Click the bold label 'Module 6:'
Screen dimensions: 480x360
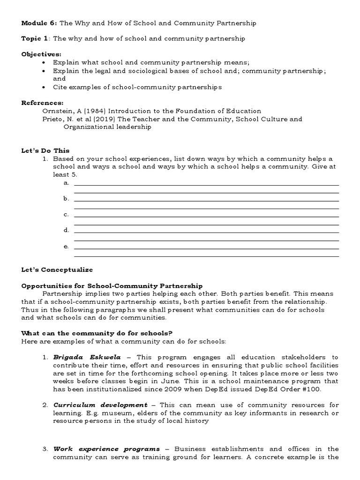click(x=39, y=22)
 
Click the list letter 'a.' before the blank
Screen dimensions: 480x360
click(x=66, y=183)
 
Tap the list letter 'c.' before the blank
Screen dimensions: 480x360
click(x=66, y=214)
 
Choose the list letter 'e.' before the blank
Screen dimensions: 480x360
click(x=66, y=246)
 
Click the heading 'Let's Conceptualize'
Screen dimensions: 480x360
click(x=57, y=270)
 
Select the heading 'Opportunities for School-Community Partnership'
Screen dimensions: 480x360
click(x=112, y=285)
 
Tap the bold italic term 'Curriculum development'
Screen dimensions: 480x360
click(x=100, y=405)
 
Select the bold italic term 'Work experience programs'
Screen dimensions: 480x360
click(x=106, y=449)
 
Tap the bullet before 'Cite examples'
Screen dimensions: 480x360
click(x=44, y=87)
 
